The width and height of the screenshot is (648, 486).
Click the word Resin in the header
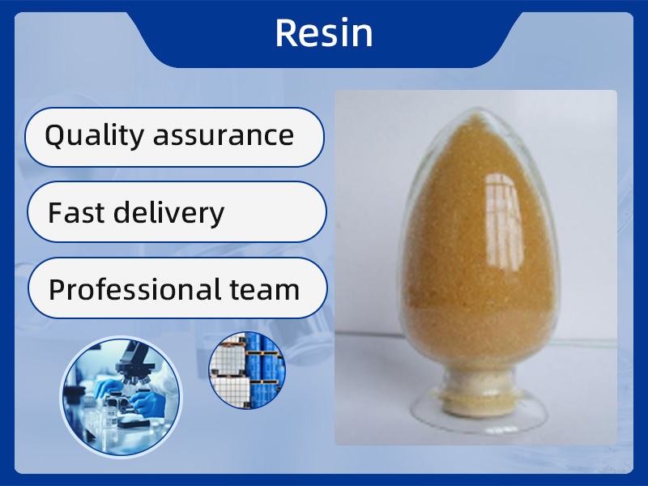pyautogui.click(x=324, y=33)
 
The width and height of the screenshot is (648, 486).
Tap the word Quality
pyautogui.click(x=94, y=135)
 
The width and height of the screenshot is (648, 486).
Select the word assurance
pyautogui.click(x=224, y=136)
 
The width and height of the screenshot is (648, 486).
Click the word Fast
pyautogui.click(x=76, y=212)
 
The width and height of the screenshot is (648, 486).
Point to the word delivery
pyautogui.click(x=168, y=213)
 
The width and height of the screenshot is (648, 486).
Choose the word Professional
pyautogui.click(x=134, y=289)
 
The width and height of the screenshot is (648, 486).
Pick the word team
pyautogui.click(x=265, y=290)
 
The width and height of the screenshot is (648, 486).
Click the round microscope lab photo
pyautogui.click(x=121, y=397)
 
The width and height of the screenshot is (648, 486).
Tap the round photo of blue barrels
pyautogui.click(x=247, y=370)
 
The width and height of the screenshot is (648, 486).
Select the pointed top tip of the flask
pyautogui.click(x=479, y=109)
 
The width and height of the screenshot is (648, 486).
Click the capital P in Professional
pyautogui.click(x=57, y=289)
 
